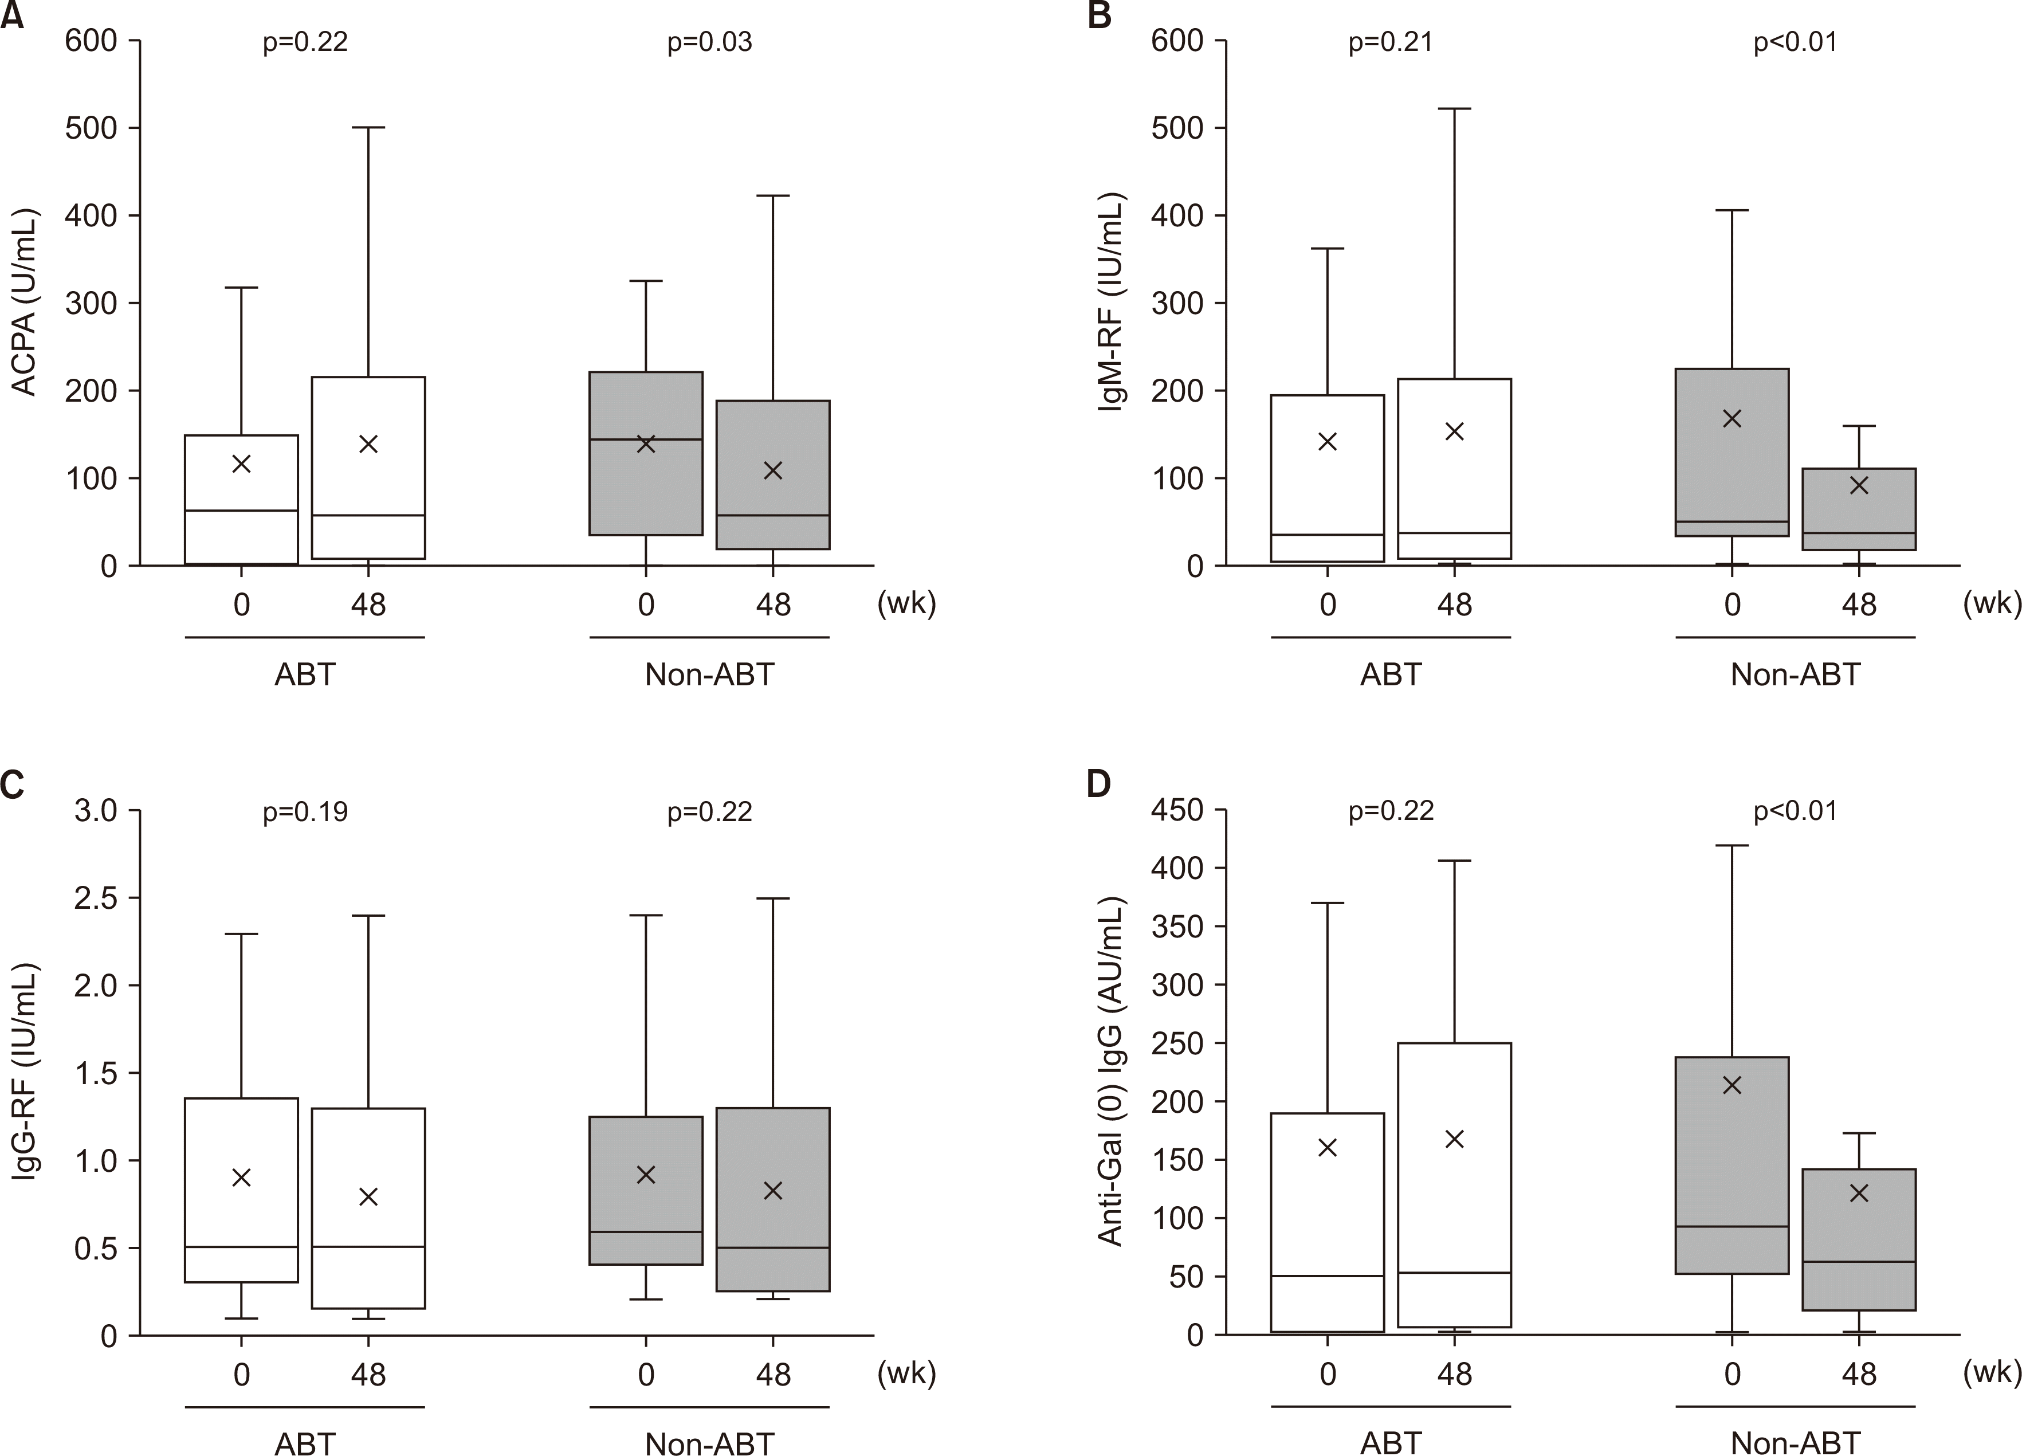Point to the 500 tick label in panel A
click(x=91, y=128)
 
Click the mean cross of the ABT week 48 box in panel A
click(x=368, y=444)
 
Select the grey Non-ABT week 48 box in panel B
click(x=1859, y=509)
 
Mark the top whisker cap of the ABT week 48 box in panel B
click(x=1454, y=109)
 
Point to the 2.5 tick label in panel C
click(x=95, y=898)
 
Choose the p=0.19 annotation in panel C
click(x=305, y=811)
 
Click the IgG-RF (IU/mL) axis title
click(x=25, y=1073)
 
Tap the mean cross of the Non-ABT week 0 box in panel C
click(x=646, y=1175)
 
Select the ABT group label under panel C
click(x=305, y=1443)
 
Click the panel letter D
click(x=1100, y=784)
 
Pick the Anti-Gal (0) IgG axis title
click(x=1111, y=1073)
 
